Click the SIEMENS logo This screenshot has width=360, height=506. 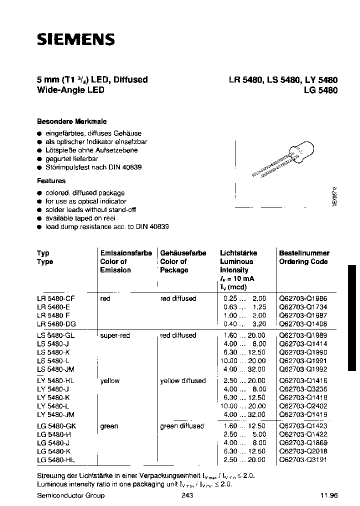[76, 39]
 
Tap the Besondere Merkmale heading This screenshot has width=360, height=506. [72, 121]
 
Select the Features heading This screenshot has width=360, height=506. [51, 180]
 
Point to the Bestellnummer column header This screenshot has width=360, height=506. [303, 253]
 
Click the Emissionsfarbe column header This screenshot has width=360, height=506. [126, 253]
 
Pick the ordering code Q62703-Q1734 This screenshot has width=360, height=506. [303, 307]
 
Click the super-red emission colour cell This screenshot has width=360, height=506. [115, 335]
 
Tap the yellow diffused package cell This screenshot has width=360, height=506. [182, 381]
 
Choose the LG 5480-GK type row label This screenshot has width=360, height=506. [56, 426]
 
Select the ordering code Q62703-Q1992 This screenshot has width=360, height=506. [303, 369]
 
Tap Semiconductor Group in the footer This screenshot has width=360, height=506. [71, 495]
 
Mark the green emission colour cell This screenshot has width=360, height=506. [109, 426]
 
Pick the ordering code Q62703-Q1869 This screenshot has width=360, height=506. [303, 443]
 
